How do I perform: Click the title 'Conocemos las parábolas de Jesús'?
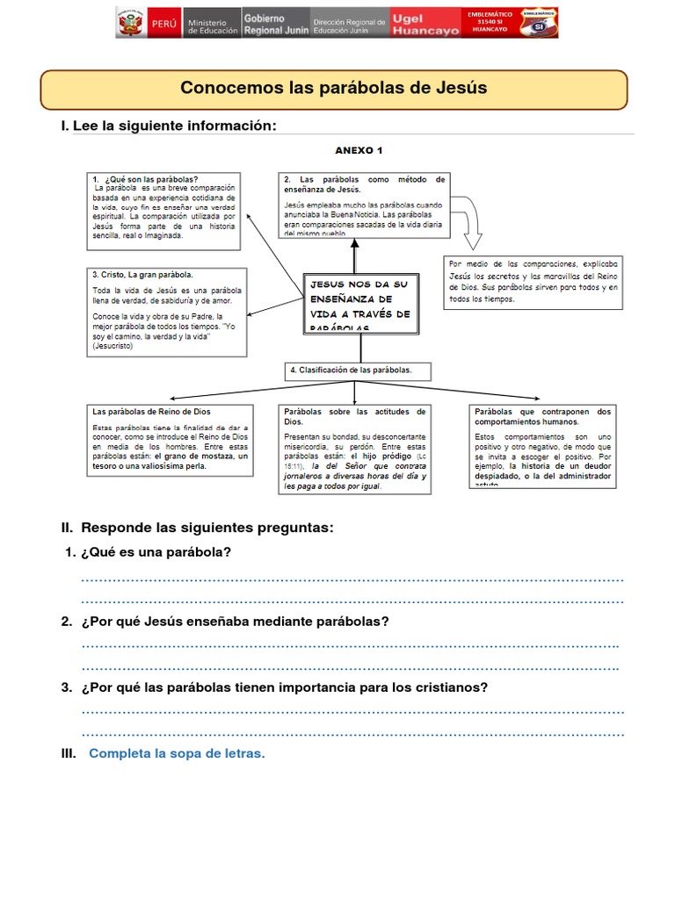coord(333,89)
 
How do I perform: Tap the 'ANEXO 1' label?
coord(359,150)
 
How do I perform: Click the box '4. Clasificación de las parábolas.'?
coord(355,370)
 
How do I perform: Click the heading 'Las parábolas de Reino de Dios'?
coord(151,411)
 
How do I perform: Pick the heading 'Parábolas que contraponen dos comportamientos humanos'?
coord(542,416)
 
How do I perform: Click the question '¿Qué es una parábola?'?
coord(156,552)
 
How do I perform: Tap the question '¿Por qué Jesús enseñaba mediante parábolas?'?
coord(234,621)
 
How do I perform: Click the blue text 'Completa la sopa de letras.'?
coord(177,754)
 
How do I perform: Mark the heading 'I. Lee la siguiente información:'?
coord(169,126)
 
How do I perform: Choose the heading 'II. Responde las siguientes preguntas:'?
coord(197,528)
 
